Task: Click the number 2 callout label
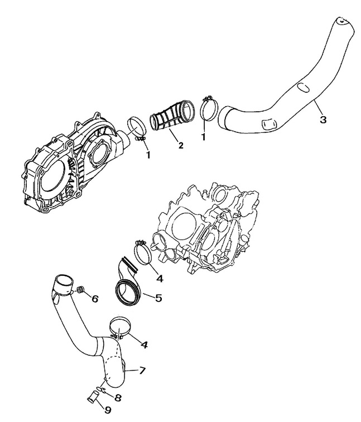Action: tap(180, 146)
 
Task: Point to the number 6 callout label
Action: tap(95, 299)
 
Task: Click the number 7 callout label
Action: tap(142, 370)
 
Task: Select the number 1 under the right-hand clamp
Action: tap(204, 136)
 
